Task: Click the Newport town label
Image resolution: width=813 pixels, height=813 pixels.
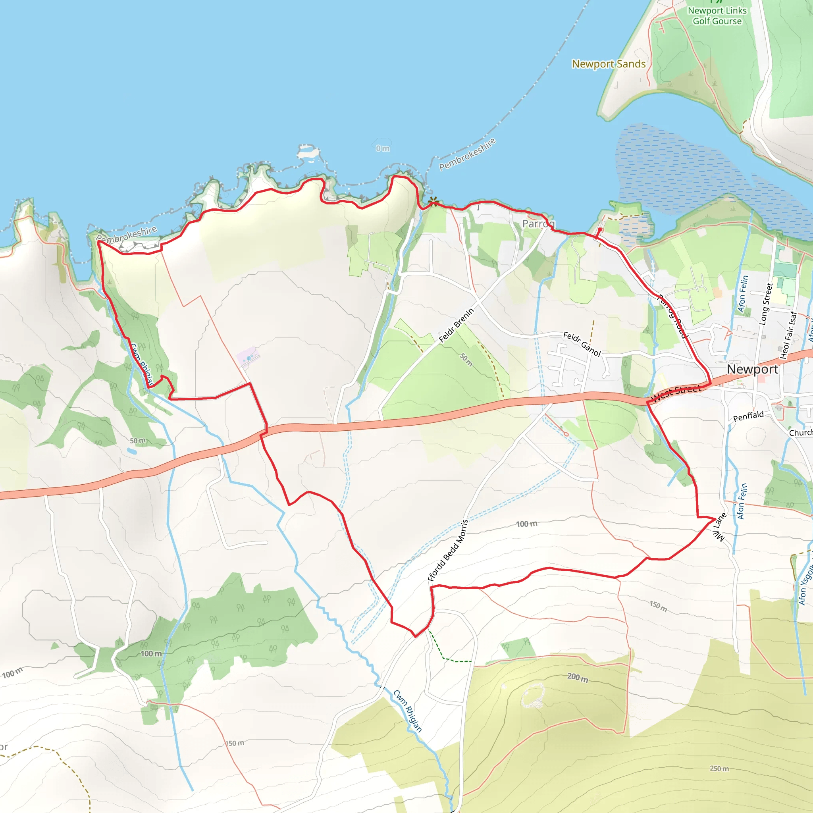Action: (752, 369)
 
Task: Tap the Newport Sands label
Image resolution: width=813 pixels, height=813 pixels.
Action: (609, 64)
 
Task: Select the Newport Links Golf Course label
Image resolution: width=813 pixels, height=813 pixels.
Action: (717, 16)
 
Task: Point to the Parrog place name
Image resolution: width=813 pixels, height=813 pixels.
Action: (538, 223)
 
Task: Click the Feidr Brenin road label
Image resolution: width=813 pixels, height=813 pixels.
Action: (456, 325)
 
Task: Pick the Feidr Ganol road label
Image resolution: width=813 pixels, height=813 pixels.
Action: (582, 344)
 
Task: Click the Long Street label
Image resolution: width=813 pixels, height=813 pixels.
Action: (766, 304)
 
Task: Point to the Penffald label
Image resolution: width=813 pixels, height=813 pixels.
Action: (748, 416)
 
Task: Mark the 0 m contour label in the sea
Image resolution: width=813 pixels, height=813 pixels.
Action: (383, 148)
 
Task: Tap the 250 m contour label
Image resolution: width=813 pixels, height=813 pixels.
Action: (719, 769)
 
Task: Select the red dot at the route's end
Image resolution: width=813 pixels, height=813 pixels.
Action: (600, 230)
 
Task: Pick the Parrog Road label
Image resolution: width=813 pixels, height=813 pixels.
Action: (672, 316)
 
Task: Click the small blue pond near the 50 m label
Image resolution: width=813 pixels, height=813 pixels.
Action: (132, 451)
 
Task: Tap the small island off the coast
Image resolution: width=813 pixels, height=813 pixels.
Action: (308, 151)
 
